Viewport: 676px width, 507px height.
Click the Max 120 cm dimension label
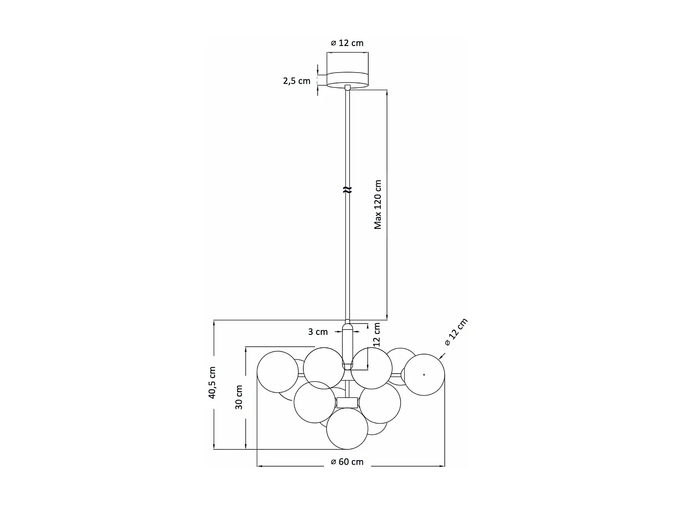pyautogui.click(x=378, y=205)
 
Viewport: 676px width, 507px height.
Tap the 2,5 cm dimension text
pyautogui.click(x=297, y=81)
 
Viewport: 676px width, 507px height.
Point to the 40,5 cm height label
pyautogui.click(x=212, y=383)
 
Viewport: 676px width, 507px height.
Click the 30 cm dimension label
pyautogui.click(x=239, y=397)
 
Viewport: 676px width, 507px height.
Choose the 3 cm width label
pyautogui.click(x=318, y=332)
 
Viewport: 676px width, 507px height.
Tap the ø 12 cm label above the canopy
pyautogui.click(x=347, y=43)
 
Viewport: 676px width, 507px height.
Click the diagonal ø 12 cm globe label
pyautogui.click(x=456, y=332)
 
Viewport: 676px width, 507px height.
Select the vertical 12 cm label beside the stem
pyautogui.click(x=377, y=334)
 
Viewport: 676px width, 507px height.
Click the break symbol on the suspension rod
pyautogui.click(x=347, y=190)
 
